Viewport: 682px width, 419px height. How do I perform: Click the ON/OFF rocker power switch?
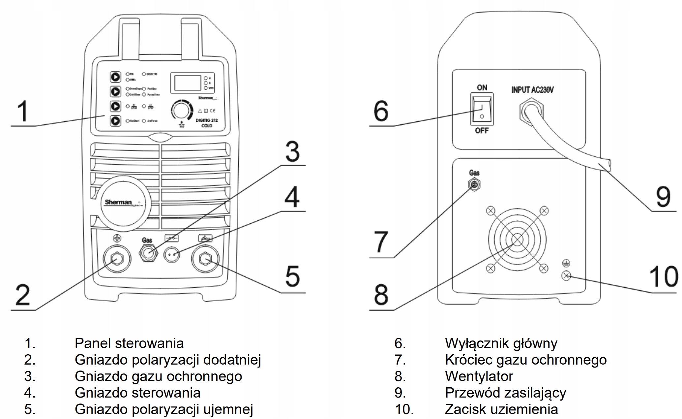[x=482, y=109]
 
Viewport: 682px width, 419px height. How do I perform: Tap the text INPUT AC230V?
[x=532, y=90]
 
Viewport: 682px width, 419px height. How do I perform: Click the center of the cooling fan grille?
[x=517, y=240]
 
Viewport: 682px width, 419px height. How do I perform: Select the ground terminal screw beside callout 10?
[x=566, y=275]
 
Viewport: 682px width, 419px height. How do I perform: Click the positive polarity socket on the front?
[x=117, y=259]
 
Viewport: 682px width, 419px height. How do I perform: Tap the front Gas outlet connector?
[x=148, y=253]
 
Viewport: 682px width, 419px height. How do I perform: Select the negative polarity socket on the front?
[x=205, y=259]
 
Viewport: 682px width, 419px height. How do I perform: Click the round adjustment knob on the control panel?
[x=181, y=110]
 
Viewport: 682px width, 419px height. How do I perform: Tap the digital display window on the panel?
[x=187, y=82]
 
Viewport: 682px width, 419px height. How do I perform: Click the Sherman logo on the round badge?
[x=118, y=202]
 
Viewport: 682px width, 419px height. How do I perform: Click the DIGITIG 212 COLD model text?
[x=207, y=123]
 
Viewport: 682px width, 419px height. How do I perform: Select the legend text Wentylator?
[x=479, y=376]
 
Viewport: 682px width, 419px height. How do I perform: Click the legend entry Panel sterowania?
[x=129, y=343]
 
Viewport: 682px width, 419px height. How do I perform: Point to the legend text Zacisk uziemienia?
[x=501, y=409]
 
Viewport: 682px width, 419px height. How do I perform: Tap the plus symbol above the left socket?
[x=117, y=238]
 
